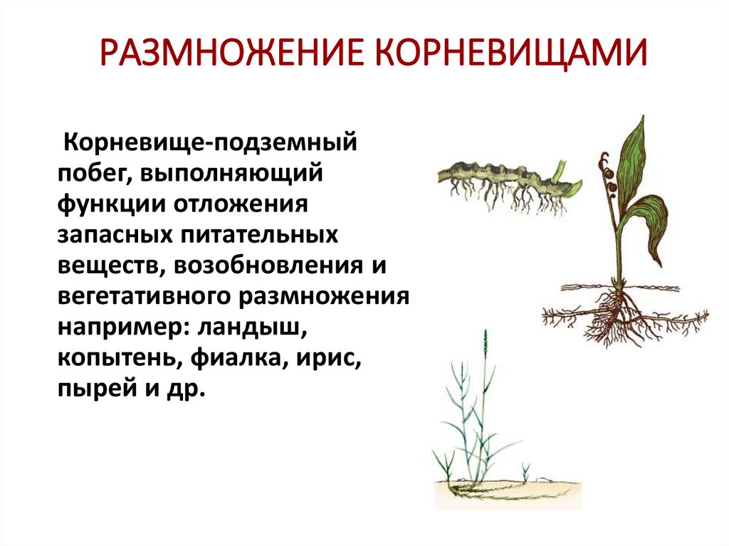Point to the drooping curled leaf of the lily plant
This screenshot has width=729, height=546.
click(655, 221)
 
